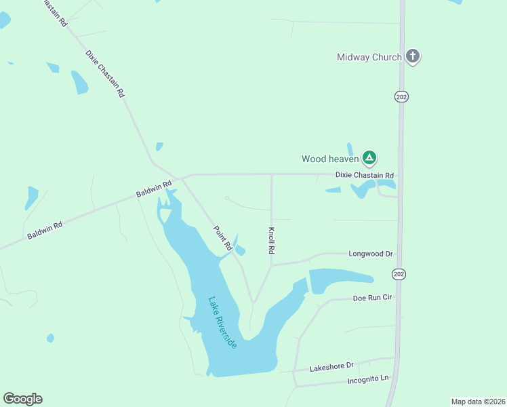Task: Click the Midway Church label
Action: coord(369,58)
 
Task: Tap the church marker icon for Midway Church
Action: coord(413,56)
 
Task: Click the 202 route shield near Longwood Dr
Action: coord(399,273)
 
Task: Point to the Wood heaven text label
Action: coord(330,159)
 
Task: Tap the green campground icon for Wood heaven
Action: coord(369,158)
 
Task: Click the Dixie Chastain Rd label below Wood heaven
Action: coord(365,175)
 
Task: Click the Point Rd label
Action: coord(223,237)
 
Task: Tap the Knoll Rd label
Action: coord(272,240)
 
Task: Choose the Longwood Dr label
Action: coord(371,254)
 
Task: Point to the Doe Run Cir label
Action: coord(373,298)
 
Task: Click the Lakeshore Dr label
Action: coord(332,367)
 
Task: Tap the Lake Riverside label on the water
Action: coord(223,323)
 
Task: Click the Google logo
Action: coord(22,399)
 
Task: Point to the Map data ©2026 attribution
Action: coord(477,401)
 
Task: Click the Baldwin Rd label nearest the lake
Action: coord(154,189)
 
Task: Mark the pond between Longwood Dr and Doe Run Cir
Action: coord(339,279)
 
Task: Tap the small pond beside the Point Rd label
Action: coord(239,249)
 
